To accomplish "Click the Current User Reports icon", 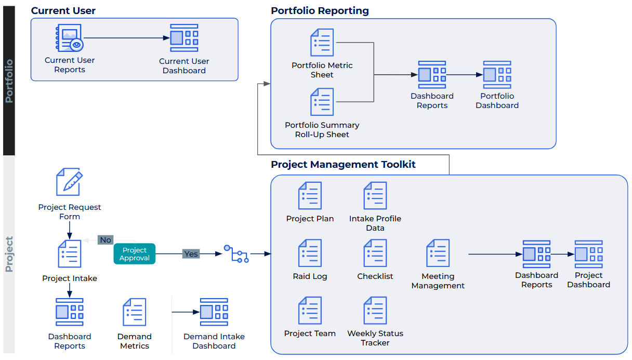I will (69, 38).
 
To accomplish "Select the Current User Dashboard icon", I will (184, 38).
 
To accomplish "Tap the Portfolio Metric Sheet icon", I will (322, 43).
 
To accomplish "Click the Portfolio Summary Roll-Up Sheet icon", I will (322, 102).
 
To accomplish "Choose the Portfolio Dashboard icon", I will (497, 75).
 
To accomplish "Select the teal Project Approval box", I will (135, 254).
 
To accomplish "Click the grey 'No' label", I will (106, 240).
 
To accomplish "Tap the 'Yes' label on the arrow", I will (191, 254).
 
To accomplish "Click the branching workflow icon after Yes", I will (236, 254).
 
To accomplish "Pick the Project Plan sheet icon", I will (310, 196).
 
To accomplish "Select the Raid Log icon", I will (310, 254).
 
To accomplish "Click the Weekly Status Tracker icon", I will (375, 311).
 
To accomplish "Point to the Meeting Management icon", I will (438, 254).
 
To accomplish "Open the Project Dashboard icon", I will (588, 254).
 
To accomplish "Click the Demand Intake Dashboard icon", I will (214, 312).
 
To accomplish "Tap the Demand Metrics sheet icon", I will (134, 312).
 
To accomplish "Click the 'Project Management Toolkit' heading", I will (343, 165).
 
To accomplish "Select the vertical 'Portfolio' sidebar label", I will (9, 81).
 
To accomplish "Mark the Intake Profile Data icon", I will (375, 196).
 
